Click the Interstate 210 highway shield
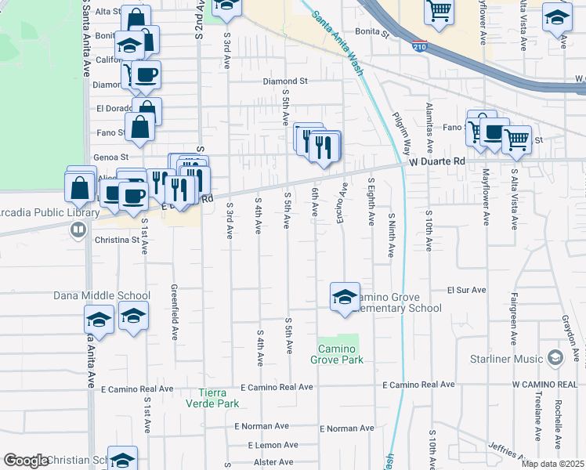click(x=421, y=47)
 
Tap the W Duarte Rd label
click(x=437, y=161)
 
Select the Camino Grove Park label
click(x=341, y=354)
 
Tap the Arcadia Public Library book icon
click(x=78, y=230)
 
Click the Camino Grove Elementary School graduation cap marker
click(x=345, y=297)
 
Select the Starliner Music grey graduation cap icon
click(x=555, y=359)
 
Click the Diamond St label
click(x=285, y=81)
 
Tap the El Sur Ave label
click(x=466, y=290)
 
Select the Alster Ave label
click(x=273, y=462)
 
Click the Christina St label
click(x=118, y=240)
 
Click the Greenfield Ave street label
click(x=175, y=311)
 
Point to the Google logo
click(x=26, y=461)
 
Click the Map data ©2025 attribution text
click(x=553, y=464)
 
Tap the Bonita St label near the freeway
click(x=371, y=34)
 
